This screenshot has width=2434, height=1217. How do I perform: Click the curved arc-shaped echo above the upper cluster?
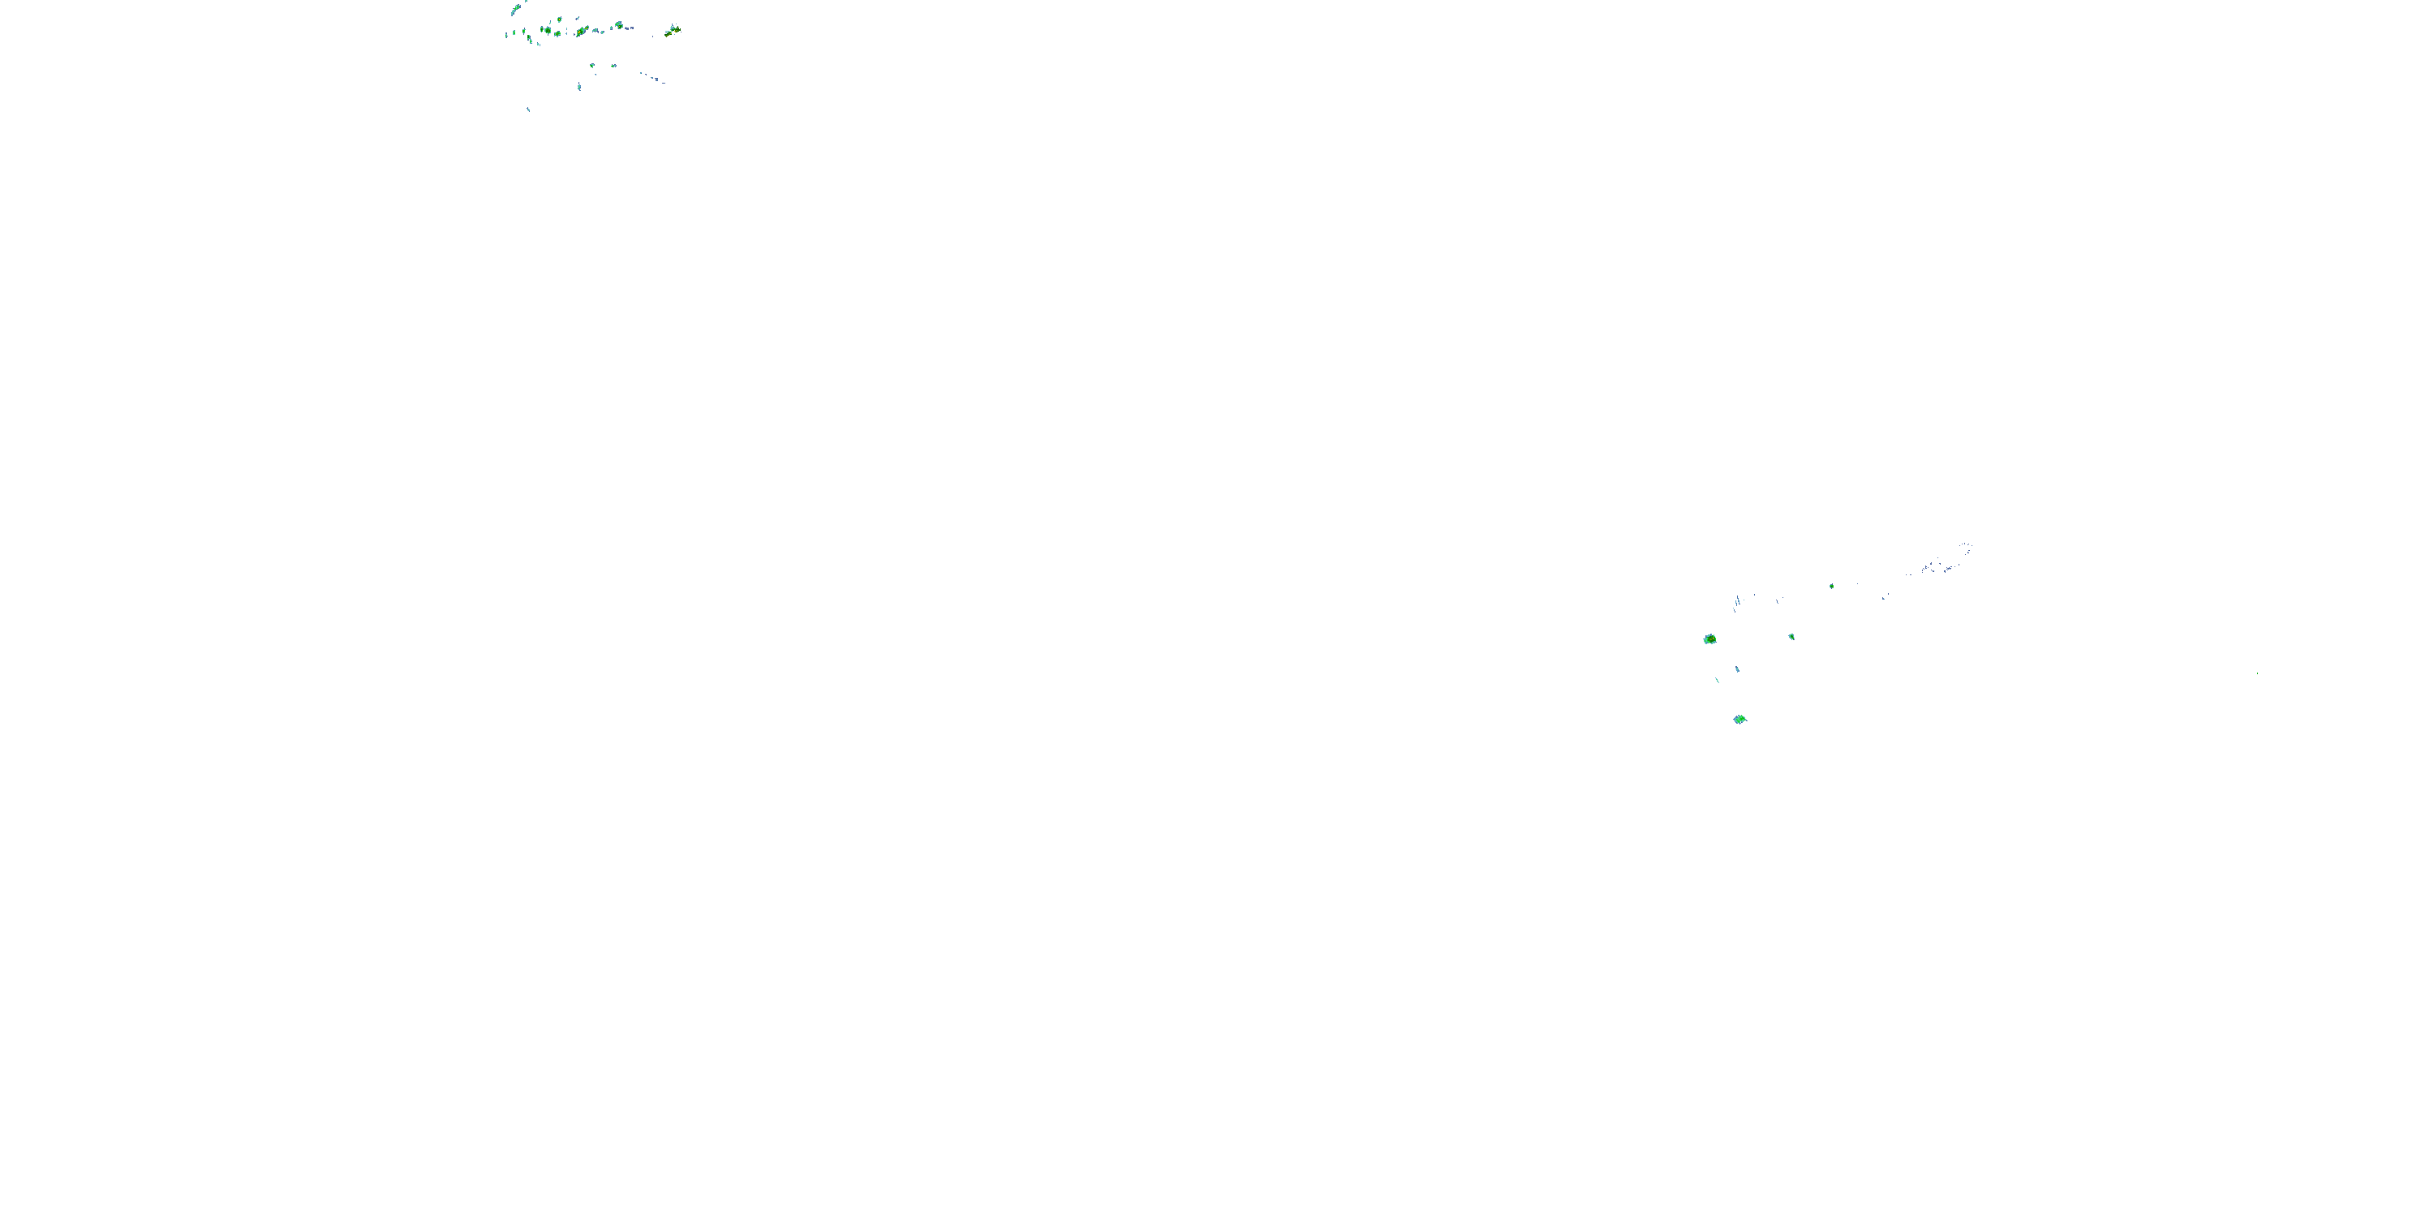(516, 10)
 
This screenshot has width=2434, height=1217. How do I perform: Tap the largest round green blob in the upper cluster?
(548, 30)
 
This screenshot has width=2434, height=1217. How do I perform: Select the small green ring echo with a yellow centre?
(559, 19)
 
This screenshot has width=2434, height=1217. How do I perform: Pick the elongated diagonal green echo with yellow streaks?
(582, 31)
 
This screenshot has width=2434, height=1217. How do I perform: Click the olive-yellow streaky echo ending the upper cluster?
(673, 31)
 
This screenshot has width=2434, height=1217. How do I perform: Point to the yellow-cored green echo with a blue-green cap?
(619, 25)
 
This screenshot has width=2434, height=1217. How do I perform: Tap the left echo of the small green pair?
(592, 65)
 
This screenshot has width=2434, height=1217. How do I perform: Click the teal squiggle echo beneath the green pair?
(579, 87)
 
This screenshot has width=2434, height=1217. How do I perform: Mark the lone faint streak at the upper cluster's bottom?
(528, 110)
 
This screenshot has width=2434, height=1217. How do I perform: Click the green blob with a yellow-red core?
(1710, 639)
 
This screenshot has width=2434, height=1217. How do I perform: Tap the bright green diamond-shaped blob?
(1740, 719)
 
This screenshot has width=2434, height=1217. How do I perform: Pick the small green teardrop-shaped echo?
(1791, 637)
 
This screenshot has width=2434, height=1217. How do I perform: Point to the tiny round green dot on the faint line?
(1832, 587)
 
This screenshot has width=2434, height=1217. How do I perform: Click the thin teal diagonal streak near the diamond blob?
(1718, 681)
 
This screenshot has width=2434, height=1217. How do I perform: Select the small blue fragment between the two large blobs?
(1738, 669)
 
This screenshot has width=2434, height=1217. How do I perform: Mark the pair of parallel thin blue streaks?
(1738, 601)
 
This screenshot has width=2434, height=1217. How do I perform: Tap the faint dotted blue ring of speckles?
(1967, 548)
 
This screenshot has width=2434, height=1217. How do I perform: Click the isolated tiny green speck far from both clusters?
(2257, 673)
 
